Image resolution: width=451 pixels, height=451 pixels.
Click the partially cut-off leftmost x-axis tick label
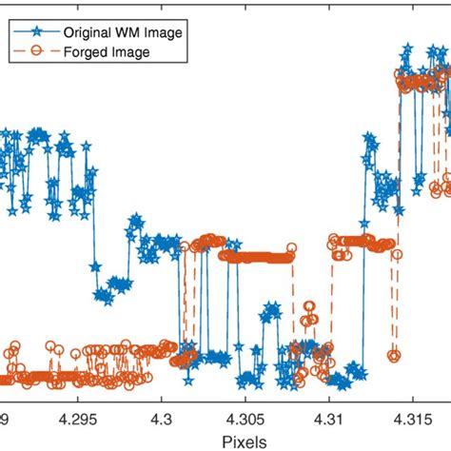(4, 418)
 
